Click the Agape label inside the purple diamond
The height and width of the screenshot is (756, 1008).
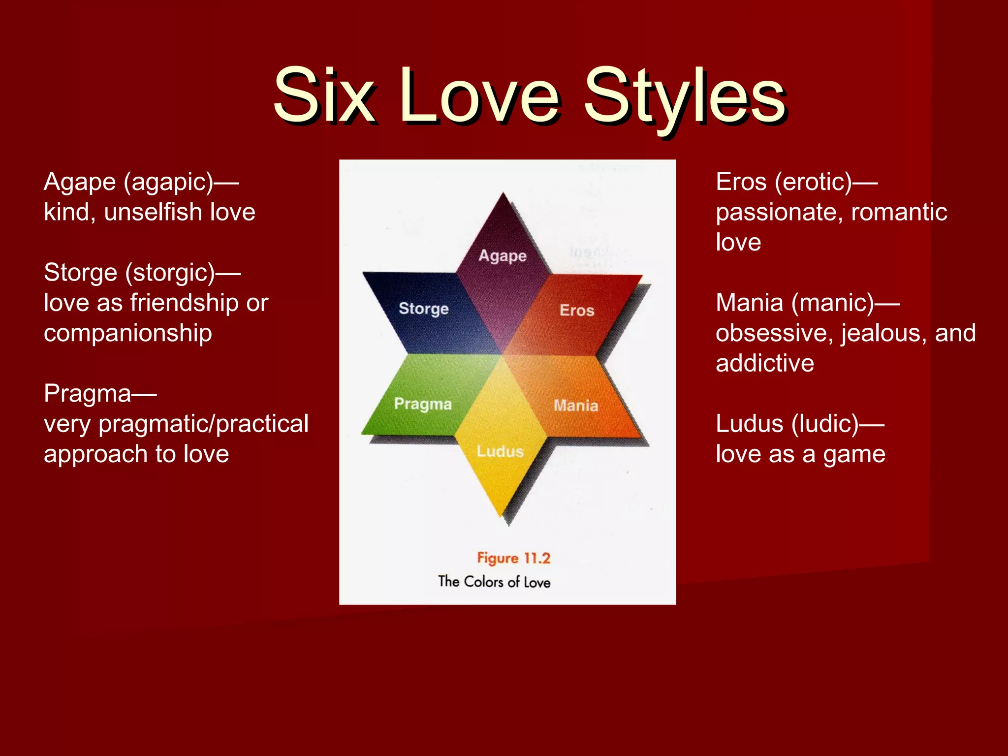[503, 256]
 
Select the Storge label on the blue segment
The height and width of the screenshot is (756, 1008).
[423, 309]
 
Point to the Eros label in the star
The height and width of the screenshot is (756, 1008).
[577, 310]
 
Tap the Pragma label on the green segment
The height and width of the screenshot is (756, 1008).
[423, 404]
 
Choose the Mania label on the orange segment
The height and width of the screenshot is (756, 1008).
[576, 406]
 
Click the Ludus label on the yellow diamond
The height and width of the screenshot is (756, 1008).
[500, 451]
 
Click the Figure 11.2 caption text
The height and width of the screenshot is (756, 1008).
[513, 558]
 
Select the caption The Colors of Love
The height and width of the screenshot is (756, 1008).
[494, 582]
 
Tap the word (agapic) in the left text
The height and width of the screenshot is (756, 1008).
[168, 183]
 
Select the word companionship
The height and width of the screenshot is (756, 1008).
[128, 333]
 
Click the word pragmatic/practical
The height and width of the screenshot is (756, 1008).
[203, 424]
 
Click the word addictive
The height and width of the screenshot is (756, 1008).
[765, 363]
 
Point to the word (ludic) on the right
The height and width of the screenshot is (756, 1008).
[825, 424]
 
